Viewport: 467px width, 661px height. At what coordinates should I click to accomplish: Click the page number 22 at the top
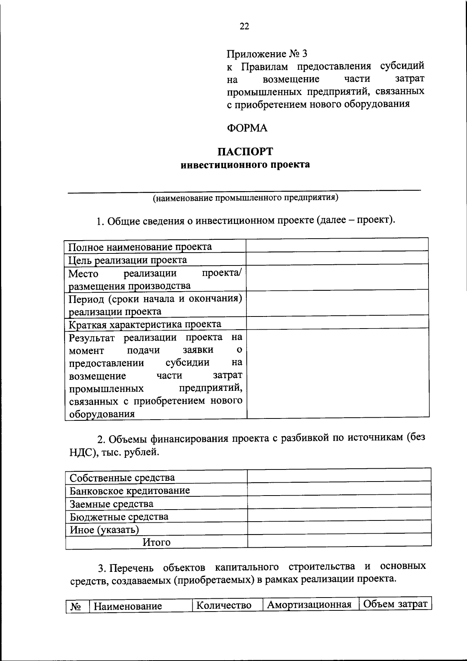(244, 26)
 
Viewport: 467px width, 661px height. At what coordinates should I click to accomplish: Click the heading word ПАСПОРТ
(245, 151)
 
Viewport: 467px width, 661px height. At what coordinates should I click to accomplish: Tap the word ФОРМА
(247, 128)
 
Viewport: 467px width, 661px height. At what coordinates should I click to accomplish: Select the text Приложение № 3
(267, 53)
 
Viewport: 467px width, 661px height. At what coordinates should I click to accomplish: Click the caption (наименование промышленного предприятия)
(245, 198)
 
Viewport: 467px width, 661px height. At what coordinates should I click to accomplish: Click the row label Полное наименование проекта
(140, 247)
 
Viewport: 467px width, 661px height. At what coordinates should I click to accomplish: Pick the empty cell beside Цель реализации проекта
(337, 258)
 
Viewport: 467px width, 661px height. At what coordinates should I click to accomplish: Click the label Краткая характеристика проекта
(145, 324)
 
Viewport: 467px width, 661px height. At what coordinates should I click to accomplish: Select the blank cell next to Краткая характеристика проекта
(337, 323)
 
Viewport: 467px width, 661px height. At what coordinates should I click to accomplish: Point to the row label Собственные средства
(122, 478)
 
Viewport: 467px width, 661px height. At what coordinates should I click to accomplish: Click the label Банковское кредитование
(130, 490)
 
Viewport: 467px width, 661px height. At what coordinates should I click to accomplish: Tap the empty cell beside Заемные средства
(339, 502)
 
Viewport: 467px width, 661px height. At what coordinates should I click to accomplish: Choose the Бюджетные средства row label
(119, 517)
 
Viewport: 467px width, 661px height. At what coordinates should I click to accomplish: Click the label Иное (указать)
(104, 529)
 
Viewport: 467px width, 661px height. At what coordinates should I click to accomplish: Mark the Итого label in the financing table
(156, 542)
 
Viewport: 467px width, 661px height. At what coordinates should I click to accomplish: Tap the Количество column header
(223, 606)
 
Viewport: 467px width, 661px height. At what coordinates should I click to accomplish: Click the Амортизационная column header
(309, 605)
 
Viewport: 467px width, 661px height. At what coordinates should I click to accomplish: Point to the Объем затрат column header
(395, 604)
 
